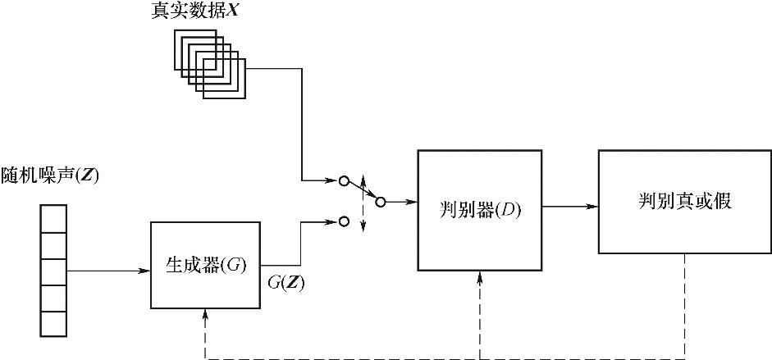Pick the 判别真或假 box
pyautogui.click(x=684, y=202)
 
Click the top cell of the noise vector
pyautogui.click(x=53, y=219)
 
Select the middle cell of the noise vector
pyautogui.click(x=53, y=271)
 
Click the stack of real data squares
pyautogui.click(x=209, y=64)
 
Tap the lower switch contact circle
pyautogui.click(x=345, y=221)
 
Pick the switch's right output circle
pyautogui.click(x=381, y=202)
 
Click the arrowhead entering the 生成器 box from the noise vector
pyautogui.click(x=145, y=268)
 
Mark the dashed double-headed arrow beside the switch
pyautogui.click(x=363, y=201)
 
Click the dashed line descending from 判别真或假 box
pyautogui.click(x=685, y=303)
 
